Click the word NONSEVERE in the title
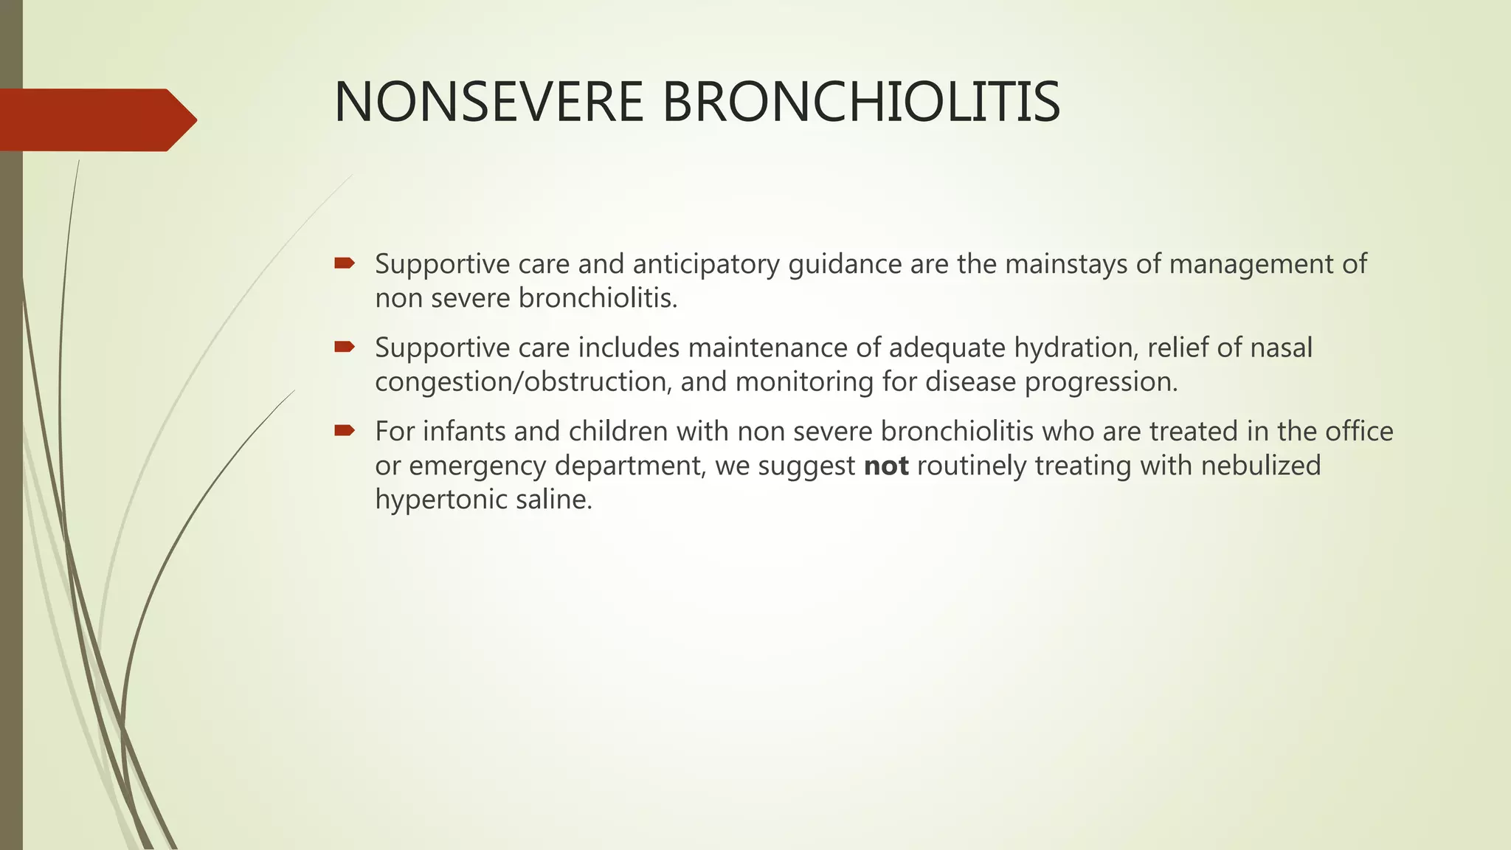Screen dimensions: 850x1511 [x=489, y=102]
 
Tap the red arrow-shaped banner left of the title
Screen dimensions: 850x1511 [x=96, y=120]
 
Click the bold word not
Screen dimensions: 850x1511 [x=886, y=466]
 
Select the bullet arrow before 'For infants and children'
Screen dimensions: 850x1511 [x=345, y=430]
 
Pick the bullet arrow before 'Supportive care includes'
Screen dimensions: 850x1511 [x=345, y=347]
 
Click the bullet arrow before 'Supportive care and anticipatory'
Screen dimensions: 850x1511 [x=345, y=263]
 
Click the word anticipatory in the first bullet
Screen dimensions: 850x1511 [x=705, y=264]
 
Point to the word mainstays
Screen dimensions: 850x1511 [x=1065, y=263]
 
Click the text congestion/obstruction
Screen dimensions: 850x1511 [x=523, y=381]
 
